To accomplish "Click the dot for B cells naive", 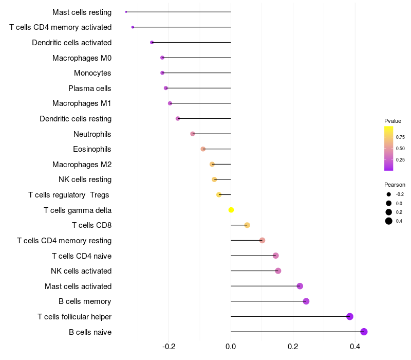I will (364, 332).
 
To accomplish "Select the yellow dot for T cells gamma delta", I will (231, 210).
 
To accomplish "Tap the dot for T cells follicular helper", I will (350, 316).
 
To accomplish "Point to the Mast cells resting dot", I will (126, 12).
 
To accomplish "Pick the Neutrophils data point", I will (193, 134).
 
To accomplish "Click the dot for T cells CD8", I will (247, 225).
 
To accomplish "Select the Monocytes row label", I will (92, 73).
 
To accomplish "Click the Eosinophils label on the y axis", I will (92, 149).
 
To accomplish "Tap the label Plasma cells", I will (90, 88).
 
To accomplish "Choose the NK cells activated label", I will (81, 271).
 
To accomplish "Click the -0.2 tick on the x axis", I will (169, 347).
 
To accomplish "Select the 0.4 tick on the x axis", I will (355, 347).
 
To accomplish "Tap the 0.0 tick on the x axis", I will (231, 347).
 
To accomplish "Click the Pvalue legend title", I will (393, 121).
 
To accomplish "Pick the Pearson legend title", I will (395, 185).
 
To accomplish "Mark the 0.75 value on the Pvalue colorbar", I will (400, 137).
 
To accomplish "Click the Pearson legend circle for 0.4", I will (389, 221).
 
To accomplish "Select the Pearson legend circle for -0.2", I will (389, 194).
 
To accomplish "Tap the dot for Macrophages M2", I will (212, 164).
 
